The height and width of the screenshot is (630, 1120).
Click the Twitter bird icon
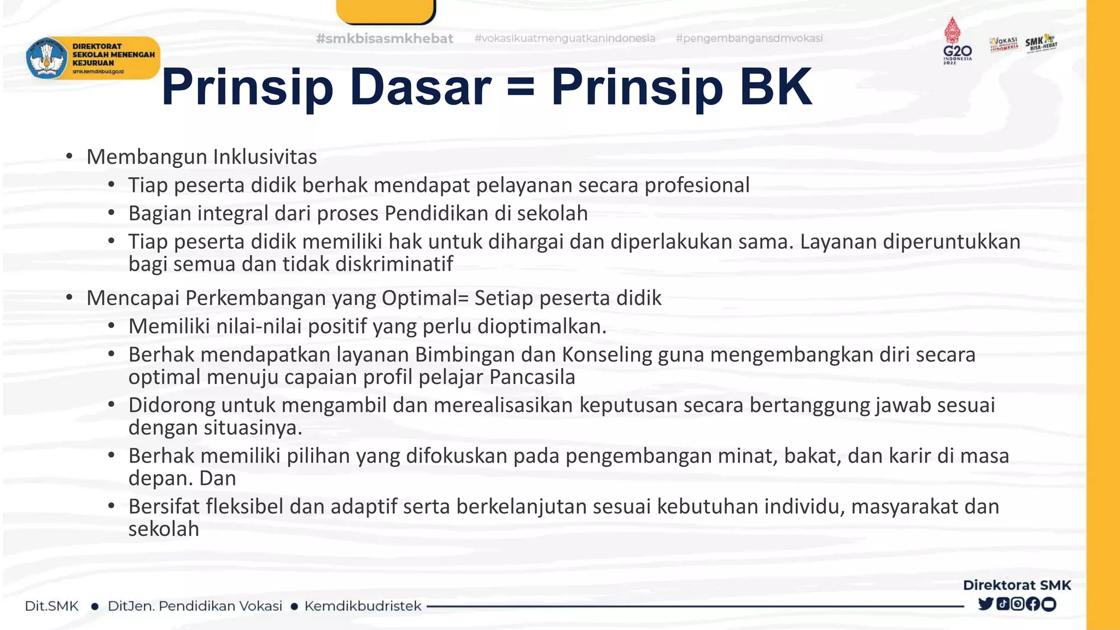[985, 604]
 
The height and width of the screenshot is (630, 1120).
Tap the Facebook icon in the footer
[1033, 604]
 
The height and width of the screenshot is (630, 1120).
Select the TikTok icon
[1002, 604]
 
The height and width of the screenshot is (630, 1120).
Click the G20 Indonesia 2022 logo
[958, 41]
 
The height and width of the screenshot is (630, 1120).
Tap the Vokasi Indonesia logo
[1004, 44]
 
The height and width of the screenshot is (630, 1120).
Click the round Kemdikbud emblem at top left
[46, 58]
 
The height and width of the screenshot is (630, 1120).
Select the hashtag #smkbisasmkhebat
[384, 38]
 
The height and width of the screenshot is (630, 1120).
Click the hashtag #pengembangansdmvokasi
[749, 38]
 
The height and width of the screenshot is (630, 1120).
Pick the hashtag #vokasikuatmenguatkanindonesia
[564, 38]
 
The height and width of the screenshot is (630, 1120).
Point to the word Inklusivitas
[265, 157]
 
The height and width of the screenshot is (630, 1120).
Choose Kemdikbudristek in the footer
[363, 606]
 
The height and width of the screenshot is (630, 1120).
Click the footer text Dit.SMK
[52, 606]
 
